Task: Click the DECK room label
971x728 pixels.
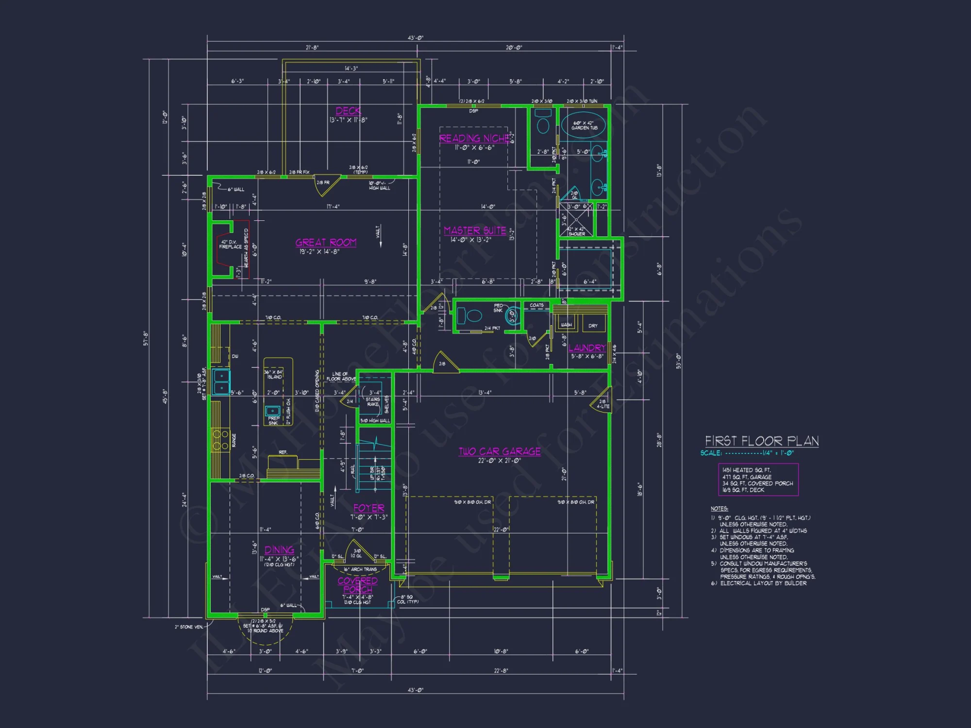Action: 348,111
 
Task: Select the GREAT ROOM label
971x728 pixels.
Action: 326,242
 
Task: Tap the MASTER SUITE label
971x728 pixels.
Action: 475,231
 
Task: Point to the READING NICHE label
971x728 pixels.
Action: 474,138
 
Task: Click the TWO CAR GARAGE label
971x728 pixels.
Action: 500,451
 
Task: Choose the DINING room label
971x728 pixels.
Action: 279,550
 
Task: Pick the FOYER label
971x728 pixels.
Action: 368,508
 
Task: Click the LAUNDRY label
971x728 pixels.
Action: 587,347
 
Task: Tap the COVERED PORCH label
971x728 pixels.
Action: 358,585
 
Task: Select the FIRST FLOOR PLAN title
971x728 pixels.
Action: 762,441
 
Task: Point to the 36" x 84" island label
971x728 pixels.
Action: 274,374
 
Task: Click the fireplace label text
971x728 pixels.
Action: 230,244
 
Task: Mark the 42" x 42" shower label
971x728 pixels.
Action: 577,231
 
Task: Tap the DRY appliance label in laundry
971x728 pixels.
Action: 593,326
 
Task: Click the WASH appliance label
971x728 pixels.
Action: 566,325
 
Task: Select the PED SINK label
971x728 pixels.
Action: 498,308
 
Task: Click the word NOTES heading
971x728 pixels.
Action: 719,509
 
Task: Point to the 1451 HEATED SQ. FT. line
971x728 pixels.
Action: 746,470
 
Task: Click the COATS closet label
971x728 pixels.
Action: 536,305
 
